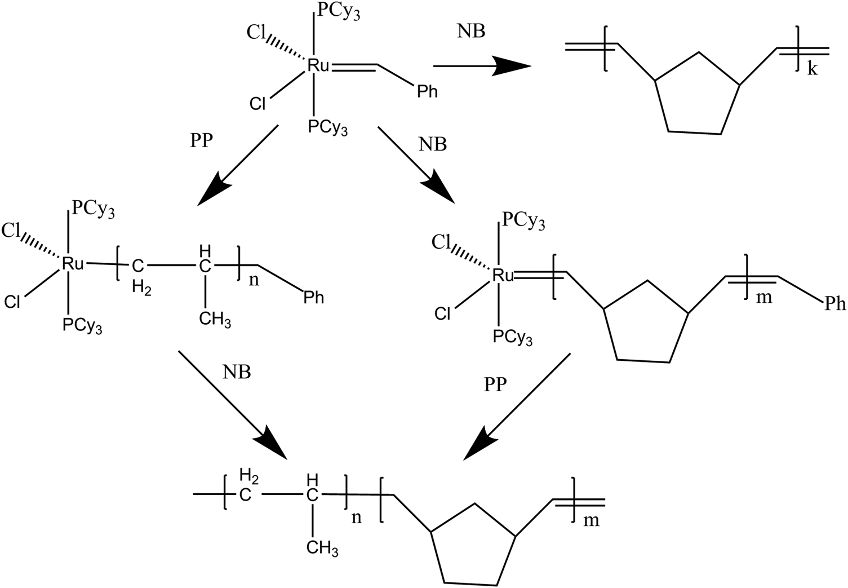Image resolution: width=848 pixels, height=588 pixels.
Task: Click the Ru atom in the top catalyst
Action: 318,66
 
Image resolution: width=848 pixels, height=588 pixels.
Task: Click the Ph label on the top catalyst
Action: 427,91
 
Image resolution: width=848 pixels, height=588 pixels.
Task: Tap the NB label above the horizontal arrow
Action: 471,32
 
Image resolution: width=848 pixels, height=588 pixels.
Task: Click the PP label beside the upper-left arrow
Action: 202,140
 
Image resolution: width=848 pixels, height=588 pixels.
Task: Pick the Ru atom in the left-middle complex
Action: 73,263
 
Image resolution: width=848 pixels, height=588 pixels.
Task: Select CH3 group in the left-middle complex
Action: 215,320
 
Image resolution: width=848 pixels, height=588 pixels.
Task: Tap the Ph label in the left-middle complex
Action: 314,297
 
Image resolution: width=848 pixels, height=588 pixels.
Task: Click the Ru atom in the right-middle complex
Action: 503,275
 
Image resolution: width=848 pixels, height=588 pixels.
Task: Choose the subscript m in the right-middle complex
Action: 763,297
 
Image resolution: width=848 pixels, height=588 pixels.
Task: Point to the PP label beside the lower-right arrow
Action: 495,385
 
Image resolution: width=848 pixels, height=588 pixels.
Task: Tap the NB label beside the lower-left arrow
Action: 237,372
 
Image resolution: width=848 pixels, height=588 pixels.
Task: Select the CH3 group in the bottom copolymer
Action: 322,547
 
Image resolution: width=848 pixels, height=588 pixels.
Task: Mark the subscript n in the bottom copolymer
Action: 357,518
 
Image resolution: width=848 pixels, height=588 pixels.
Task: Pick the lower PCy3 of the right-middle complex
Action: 512,337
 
